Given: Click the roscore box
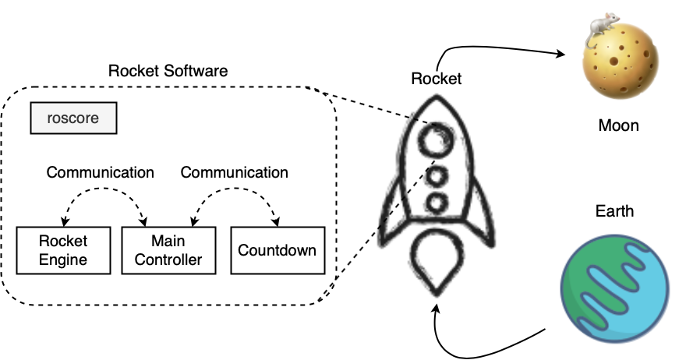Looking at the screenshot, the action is tap(73, 118).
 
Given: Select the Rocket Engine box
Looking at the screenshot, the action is tap(63, 250).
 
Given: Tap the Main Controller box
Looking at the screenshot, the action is tap(168, 250).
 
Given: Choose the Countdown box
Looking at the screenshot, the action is tap(278, 250).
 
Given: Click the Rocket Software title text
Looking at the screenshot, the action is tap(168, 71).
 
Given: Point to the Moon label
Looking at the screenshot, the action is tap(619, 125).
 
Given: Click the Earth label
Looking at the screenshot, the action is tap(615, 211).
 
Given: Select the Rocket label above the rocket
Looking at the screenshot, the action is tap(437, 79).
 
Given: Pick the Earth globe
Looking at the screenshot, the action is tap(615, 288).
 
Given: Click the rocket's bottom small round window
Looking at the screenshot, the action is tap(437, 203).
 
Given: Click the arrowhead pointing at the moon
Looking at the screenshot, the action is tap(560, 54).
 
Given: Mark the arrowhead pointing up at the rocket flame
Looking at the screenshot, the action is tap(435, 309).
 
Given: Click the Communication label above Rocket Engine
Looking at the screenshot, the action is tap(101, 172).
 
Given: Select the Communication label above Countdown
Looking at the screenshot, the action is tap(234, 172).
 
